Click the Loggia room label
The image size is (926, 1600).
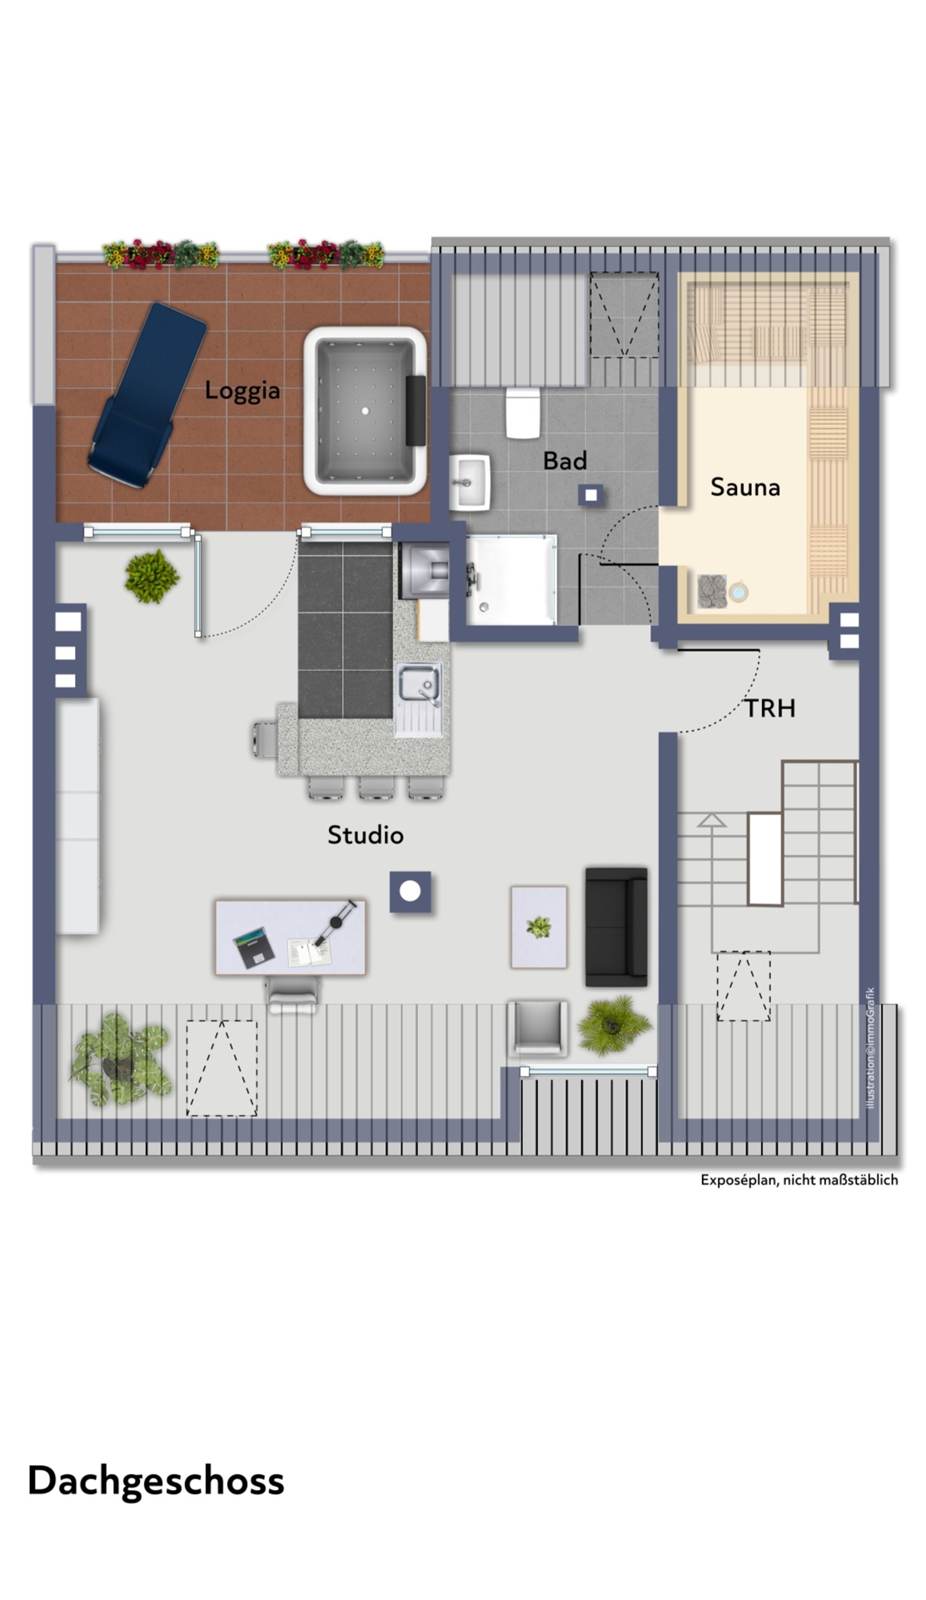[x=242, y=390]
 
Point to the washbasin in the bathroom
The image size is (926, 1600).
[x=470, y=482]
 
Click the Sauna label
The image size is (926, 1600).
[x=745, y=487]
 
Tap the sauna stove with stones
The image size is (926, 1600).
[x=712, y=590]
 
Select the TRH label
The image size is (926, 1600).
[x=769, y=708]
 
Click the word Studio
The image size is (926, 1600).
[x=366, y=835]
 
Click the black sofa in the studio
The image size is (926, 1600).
[x=616, y=925]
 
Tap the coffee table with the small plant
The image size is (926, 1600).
[x=539, y=927]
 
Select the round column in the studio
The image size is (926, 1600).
[x=411, y=892]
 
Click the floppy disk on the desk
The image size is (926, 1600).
[x=254, y=947]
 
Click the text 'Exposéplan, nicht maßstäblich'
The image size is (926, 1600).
[x=799, y=1180]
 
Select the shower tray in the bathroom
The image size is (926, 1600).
[x=510, y=579]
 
